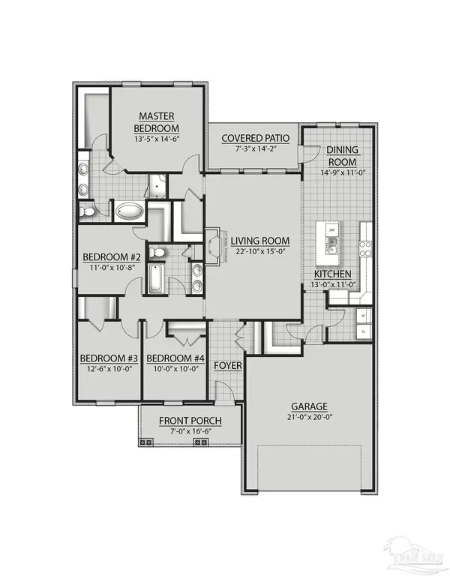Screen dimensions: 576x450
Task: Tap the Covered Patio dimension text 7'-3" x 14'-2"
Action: [250, 151]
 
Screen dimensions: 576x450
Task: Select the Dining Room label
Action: [340, 156]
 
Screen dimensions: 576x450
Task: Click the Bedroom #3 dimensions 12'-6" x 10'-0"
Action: [109, 369]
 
